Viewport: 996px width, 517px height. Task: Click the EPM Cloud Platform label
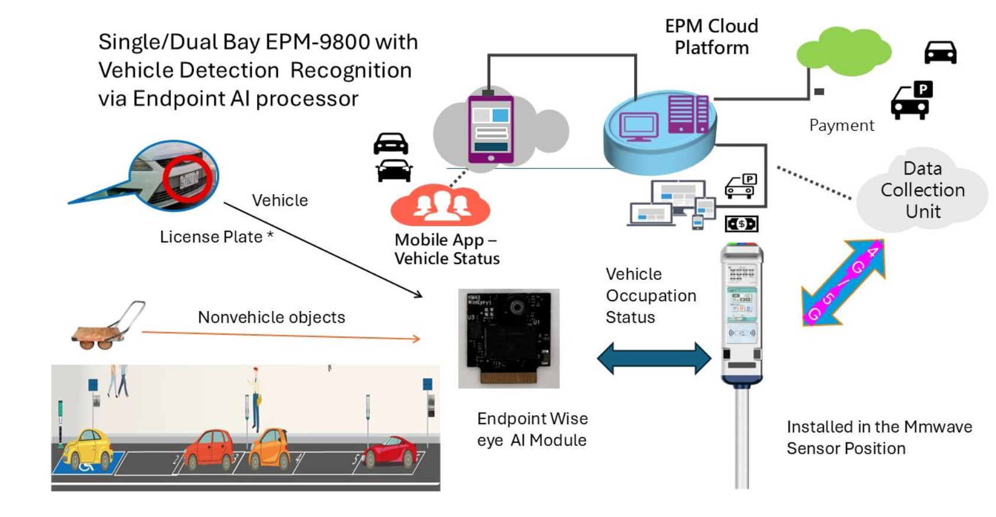(x=712, y=37)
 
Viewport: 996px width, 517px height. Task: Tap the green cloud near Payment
(x=843, y=52)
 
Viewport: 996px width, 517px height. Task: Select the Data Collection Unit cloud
(x=922, y=190)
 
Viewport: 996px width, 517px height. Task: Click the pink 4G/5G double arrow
(x=843, y=283)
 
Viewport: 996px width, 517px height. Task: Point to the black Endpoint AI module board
(x=509, y=338)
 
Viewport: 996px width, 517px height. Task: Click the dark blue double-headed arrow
(x=654, y=358)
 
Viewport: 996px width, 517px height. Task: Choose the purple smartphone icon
(x=491, y=130)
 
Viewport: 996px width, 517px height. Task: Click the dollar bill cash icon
(x=741, y=224)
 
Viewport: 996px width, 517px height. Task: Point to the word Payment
(x=841, y=125)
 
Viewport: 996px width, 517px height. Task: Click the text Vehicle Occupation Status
(x=650, y=296)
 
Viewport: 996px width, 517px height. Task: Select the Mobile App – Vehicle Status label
(x=447, y=249)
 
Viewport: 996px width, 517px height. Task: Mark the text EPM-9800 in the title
(x=318, y=42)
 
